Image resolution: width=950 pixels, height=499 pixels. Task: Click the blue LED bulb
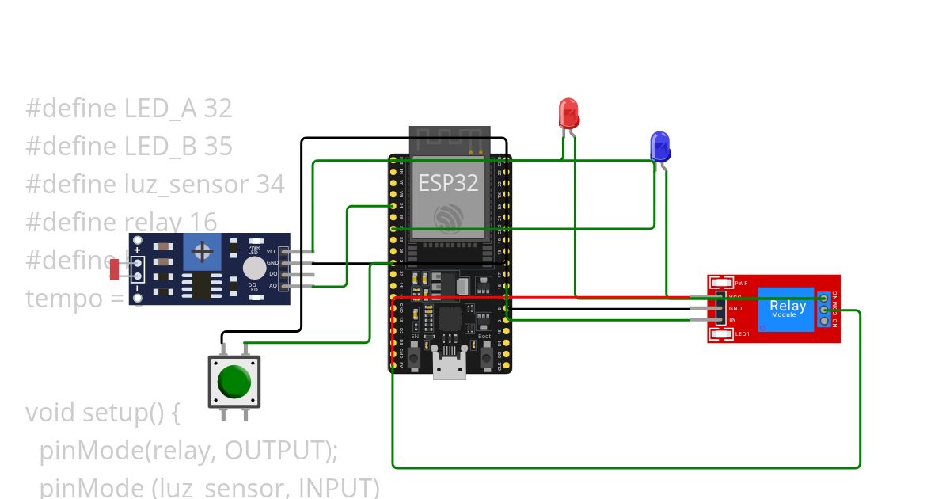659,147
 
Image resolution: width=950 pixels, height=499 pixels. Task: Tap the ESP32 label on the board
448,183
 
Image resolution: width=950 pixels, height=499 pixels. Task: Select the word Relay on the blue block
788,306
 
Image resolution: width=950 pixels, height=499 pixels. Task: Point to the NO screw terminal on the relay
823,321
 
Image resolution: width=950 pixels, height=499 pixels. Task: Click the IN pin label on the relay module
732,320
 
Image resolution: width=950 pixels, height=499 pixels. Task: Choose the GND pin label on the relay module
735,307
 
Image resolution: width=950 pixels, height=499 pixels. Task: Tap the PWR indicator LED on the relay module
723,283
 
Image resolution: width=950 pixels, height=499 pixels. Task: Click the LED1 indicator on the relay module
723,334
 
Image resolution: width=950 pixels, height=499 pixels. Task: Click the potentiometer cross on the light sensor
203,253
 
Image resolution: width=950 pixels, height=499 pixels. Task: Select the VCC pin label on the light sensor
272,251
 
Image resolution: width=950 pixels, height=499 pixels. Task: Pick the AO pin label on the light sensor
273,285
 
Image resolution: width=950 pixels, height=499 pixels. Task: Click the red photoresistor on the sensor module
115,269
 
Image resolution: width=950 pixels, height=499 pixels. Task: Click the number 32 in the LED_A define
218,109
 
